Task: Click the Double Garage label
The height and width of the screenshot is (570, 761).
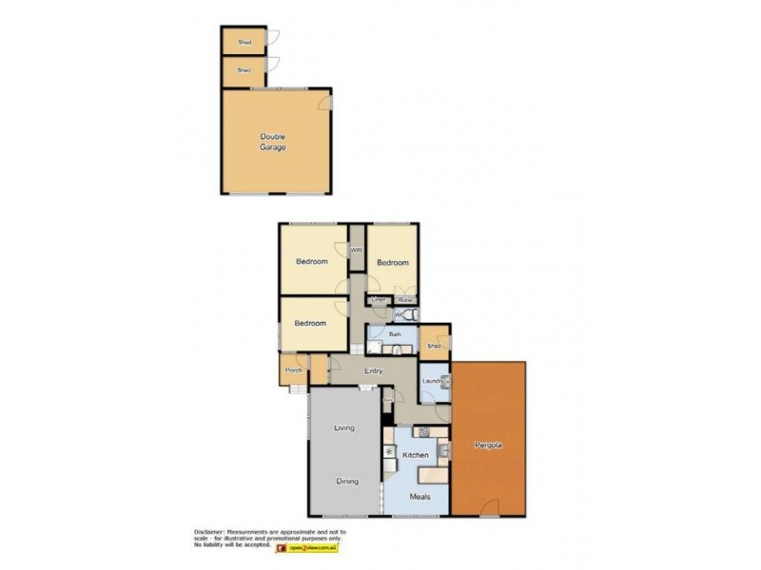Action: (273, 142)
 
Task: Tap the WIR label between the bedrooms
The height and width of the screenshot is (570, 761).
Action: (357, 250)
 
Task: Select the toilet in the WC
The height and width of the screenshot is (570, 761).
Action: (408, 313)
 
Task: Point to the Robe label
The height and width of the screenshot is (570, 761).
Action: (404, 300)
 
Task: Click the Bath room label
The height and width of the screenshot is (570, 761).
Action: (395, 334)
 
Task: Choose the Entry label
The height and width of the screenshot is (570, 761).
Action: (372, 370)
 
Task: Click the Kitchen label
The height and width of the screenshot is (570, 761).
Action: (416, 456)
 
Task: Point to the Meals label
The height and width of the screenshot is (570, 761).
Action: (420, 496)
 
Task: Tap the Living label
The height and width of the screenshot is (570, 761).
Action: (343, 428)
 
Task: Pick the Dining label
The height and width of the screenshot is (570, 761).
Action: (346, 481)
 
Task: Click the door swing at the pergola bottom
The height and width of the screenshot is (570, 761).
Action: (487, 506)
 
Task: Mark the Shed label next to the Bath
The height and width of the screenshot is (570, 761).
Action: (434, 346)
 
